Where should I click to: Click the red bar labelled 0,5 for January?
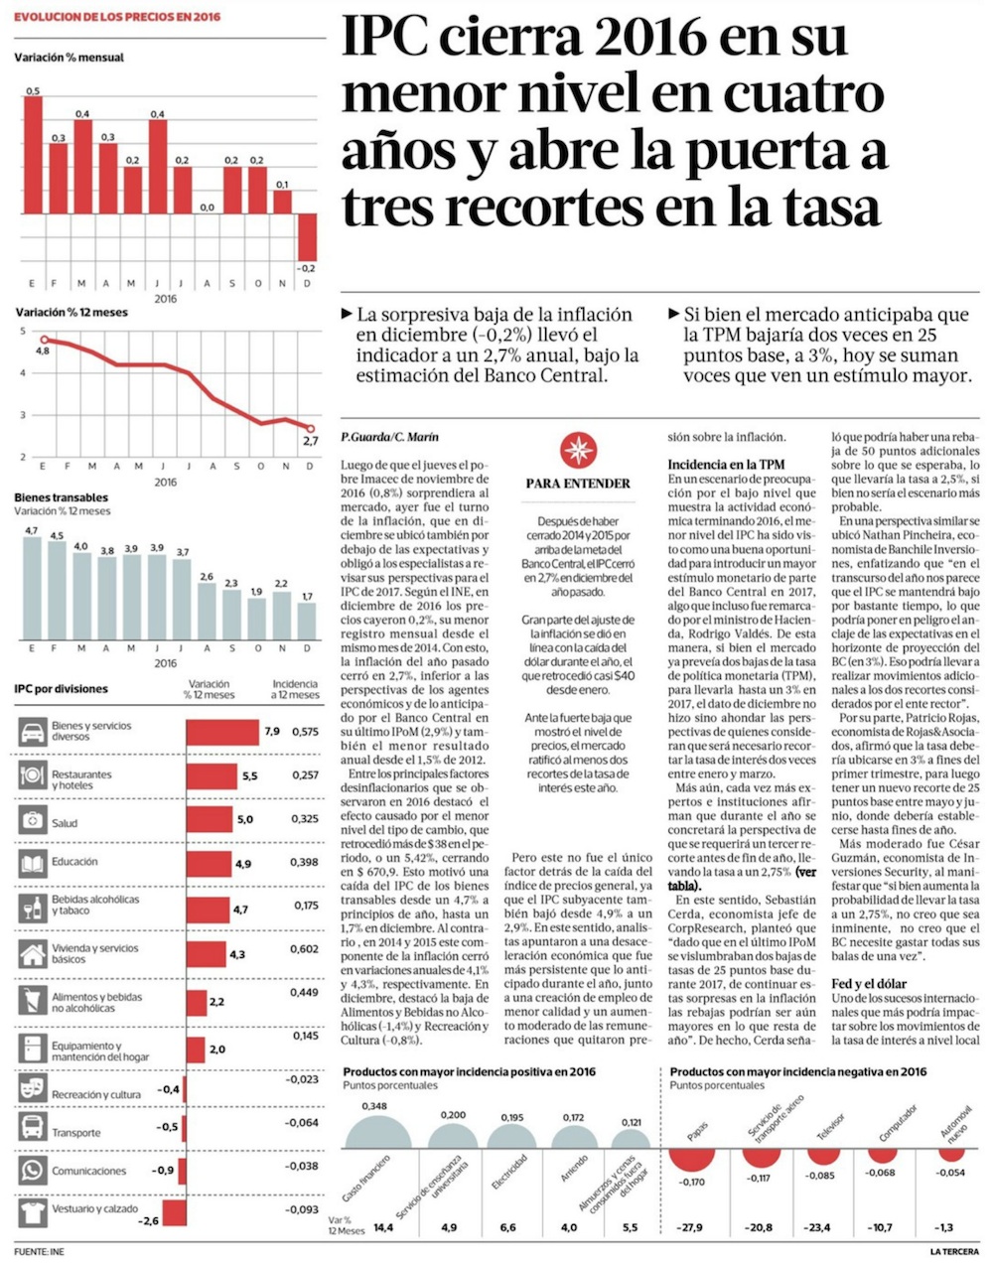click(33, 154)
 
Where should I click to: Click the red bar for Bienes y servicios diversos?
click(222, 732)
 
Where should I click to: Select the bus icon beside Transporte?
click(33, 1127)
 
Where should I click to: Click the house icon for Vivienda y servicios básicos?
click(33, 953)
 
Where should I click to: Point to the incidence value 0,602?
click(305, 949)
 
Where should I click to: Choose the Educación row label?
click(74, 862)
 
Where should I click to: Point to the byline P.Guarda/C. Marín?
click(388, 437)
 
